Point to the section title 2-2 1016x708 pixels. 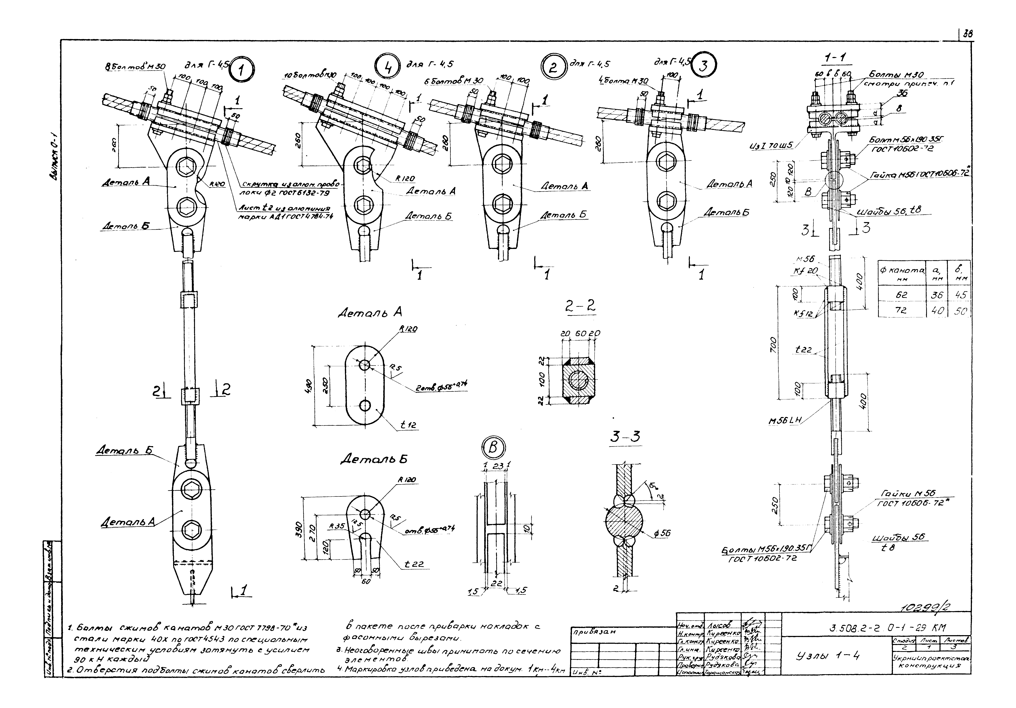[x=580, y=306]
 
